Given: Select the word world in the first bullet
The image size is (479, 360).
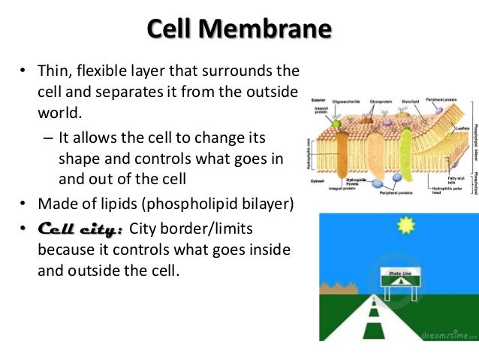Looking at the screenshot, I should (x=57, y=113).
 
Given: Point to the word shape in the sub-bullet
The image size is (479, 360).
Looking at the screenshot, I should (x=77, y=159).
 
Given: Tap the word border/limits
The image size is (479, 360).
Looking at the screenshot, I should (x=214, y=228).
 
